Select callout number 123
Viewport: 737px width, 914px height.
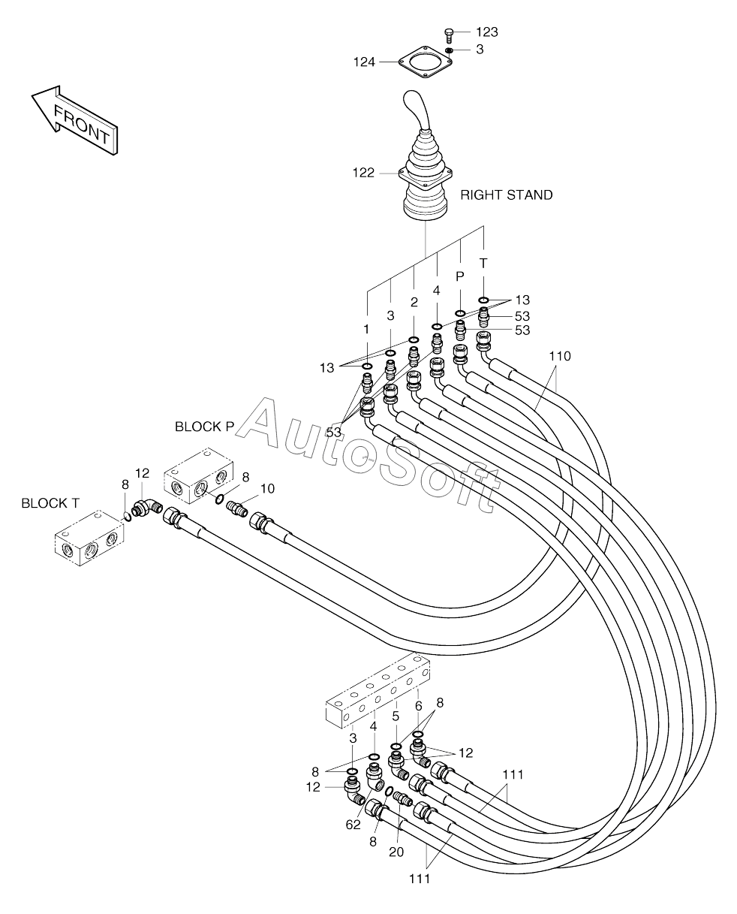tap(486, 32)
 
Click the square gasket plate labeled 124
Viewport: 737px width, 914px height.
tap(426, 62)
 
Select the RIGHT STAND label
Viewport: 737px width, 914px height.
tap(507, 195)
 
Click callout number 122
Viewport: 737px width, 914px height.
tap(363, 173)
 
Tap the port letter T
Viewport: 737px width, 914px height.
tap(483, 264)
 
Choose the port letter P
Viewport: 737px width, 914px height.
tap(460, 276)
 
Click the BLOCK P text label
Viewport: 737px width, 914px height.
tap(205, 427)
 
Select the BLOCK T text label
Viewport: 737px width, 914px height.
tap(50, 503)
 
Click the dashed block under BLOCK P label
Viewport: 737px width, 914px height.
tap(199, 475)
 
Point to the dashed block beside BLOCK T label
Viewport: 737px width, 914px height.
tap(89, 537)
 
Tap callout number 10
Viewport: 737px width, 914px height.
tap(267, 489)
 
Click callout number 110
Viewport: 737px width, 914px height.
tap(560, 356)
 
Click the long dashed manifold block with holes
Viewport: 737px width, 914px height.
tap(378, 697)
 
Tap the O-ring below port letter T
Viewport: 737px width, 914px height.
tap(483, 300)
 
